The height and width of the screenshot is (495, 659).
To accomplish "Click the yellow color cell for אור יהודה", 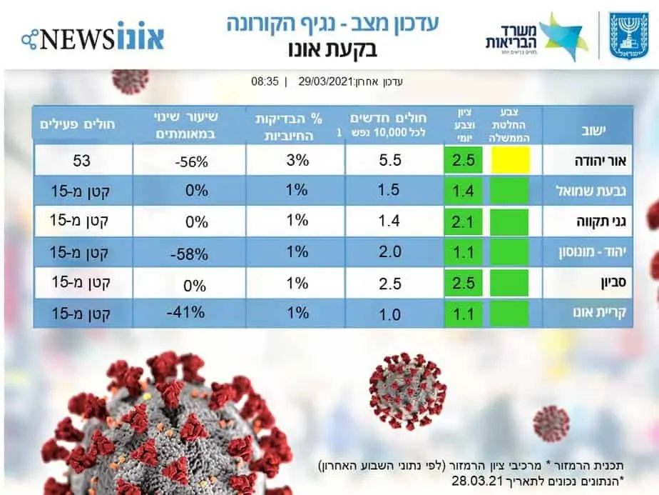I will coord(511,159).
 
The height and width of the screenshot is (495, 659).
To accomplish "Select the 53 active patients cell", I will coord(82,160).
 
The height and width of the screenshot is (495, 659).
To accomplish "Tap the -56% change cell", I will coord(191,161).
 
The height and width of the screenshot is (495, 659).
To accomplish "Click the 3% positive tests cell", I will coord(297,160).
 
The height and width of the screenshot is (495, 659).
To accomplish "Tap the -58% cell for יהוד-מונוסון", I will coord(190,254).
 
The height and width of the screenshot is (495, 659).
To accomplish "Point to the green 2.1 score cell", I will coord(463,221).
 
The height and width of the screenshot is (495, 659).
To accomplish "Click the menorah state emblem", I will coord(629,36).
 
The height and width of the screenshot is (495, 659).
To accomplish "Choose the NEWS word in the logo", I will coord(78,38).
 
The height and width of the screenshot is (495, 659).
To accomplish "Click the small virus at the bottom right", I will coord(551,423).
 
